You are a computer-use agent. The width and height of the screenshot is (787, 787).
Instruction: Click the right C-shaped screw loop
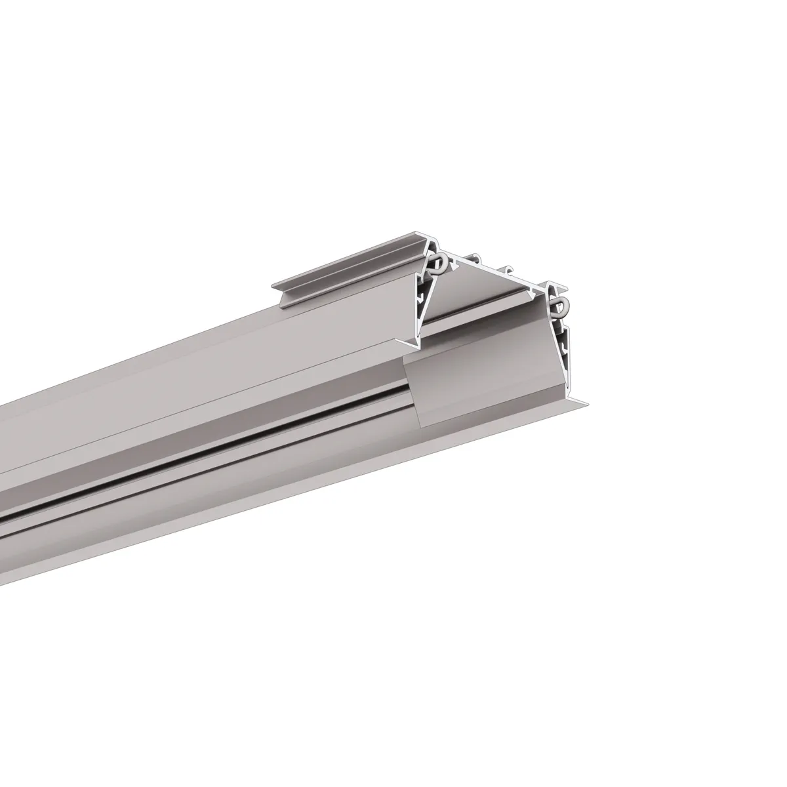559,306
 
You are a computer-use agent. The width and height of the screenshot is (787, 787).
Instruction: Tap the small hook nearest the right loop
508,270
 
